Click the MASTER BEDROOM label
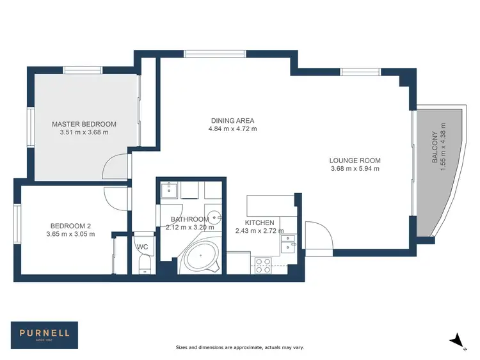[x=84, y=124]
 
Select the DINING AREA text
[x=232, y=120]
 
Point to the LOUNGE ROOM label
[x=355, y=160]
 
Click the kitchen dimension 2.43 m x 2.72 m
[x=255, y=231]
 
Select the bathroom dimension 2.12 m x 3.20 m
[x=189, y=227]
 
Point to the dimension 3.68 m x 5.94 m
[x=355, y=169]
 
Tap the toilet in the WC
[x=144, y=264]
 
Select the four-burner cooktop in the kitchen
[x=263, y=265]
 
